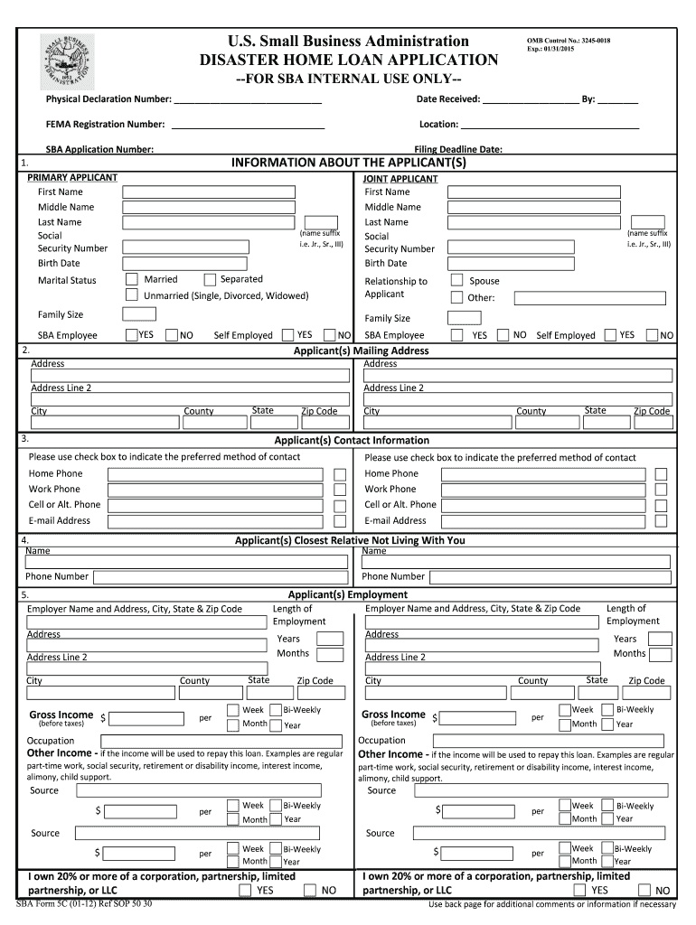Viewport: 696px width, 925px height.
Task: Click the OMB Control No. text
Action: [561, 41]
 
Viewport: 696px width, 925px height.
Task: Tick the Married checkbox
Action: [132, 279]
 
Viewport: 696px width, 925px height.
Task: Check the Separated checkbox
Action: [210, 279]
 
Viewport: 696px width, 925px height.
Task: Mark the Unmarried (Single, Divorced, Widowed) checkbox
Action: [132, 295]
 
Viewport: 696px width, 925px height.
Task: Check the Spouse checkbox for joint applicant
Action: [456, 280]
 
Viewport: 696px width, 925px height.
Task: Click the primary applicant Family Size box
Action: [139, 314]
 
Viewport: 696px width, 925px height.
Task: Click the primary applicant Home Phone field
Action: [216, 474]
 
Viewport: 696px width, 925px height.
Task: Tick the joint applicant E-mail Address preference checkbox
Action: [662, 521]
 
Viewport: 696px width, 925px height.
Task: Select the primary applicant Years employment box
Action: [330, 639]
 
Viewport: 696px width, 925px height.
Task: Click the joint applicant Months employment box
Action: [661, 653]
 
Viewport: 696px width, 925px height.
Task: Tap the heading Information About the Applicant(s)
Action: [348, 163]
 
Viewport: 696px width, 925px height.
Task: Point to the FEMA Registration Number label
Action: [106, 124]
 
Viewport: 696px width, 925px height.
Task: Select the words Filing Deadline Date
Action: [457, 150]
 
